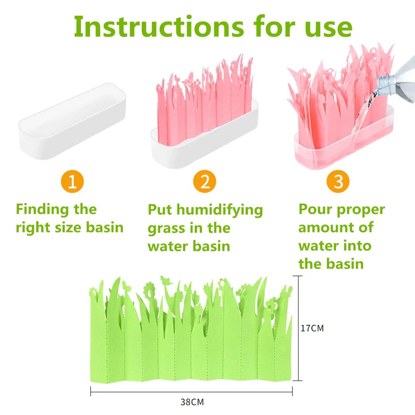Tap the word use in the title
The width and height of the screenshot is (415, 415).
pyautogui.click(x=328, y=28)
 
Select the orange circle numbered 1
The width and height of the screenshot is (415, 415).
pyautogui.click(x=72, y=181)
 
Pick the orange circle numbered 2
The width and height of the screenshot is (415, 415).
pyautogui.click(x=205, y=181)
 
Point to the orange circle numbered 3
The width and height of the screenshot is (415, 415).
pyautogui.click(x=338, y=181)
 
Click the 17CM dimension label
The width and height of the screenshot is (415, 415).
pyautogui.click(x=312, y=328)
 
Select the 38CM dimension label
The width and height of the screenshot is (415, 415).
pyautogui.click(x=192, y=402)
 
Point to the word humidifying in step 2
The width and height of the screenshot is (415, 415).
pyautogui.click(x=220, y=210)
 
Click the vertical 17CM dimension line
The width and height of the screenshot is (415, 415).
pyautogui.click(x=298, y=328)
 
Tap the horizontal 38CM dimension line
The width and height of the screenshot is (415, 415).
pyautogui.click(x=191, y=392)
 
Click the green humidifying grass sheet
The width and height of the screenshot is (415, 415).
pyautogui.click(x=191, y=332)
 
